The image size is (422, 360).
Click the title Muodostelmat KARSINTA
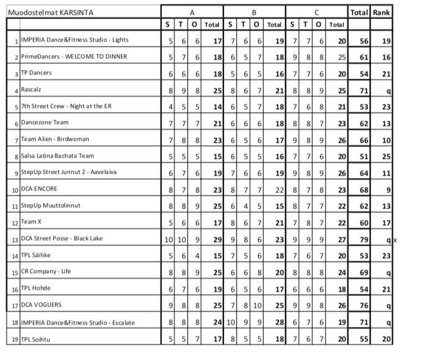pos(45,12)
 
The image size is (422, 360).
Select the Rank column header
pos(380,12)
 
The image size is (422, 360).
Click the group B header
pos(254,12)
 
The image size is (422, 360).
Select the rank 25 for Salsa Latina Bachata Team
pos(386,156)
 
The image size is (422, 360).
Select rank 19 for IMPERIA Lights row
pos(386,40)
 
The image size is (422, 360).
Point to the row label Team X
pos(31,222)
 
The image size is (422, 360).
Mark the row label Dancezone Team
pos(45,123)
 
